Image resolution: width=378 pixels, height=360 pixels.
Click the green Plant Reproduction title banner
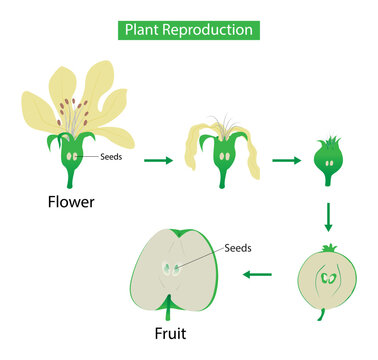coord(189,29)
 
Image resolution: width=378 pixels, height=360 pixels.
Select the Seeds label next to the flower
coord(113,157)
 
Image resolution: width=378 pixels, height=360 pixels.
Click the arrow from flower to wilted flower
coord(158,158)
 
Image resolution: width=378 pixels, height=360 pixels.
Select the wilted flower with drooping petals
coord(220,150)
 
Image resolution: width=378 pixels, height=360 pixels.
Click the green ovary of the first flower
coord(73,157)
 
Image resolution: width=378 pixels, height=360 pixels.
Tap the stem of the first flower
coord(73,183)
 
